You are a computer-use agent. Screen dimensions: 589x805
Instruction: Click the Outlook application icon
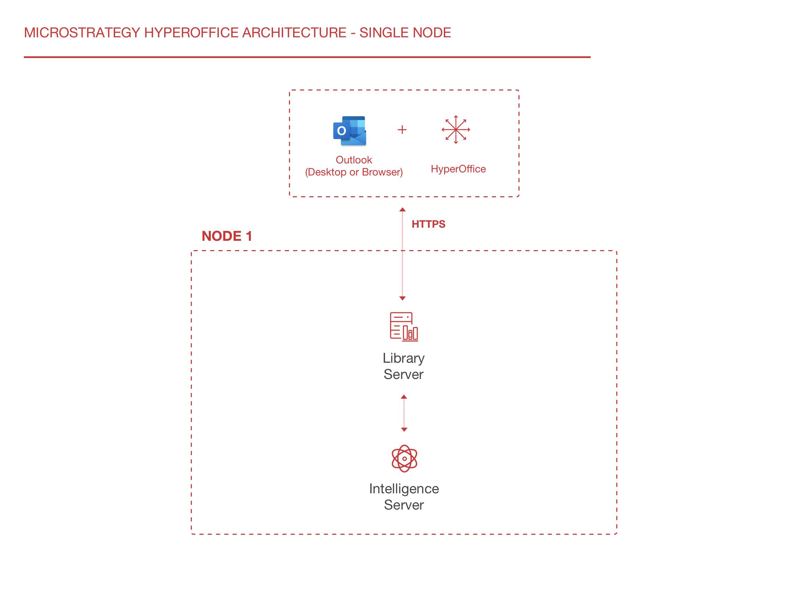point(349,131)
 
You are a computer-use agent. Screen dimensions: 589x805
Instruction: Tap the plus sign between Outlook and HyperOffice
point(402,130)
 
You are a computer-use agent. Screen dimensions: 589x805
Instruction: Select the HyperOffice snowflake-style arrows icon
point(456,130)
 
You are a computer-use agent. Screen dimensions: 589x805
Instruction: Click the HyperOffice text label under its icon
point(458,169)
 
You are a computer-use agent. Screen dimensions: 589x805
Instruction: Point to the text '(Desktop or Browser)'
point(354,172)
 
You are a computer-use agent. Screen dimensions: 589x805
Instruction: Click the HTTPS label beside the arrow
point(428,224)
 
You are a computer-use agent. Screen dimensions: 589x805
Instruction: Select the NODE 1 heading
point(227,236)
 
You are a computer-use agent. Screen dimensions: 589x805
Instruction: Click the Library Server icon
point(403,326)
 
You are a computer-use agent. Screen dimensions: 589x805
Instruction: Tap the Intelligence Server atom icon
point(404,458)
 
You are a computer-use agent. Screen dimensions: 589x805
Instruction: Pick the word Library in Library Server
point(403,358)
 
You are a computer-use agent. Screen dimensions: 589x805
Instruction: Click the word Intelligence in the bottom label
point(404,489)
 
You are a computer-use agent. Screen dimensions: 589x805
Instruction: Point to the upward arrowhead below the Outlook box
point(402,210)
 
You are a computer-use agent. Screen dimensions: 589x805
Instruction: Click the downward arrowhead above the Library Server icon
point(402,298)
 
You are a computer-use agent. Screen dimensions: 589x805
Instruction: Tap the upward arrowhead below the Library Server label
point(404,397)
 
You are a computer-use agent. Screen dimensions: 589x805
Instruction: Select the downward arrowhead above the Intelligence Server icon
point(404,430)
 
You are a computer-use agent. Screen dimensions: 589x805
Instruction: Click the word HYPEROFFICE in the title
point(191,33)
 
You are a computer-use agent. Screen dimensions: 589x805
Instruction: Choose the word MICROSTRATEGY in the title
point(82,33)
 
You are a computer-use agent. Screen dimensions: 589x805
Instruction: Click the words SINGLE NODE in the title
point(405,33)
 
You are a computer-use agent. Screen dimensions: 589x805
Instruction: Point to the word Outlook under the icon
point(354,160)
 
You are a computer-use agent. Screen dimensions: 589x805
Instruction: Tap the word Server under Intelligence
point(404,505)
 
